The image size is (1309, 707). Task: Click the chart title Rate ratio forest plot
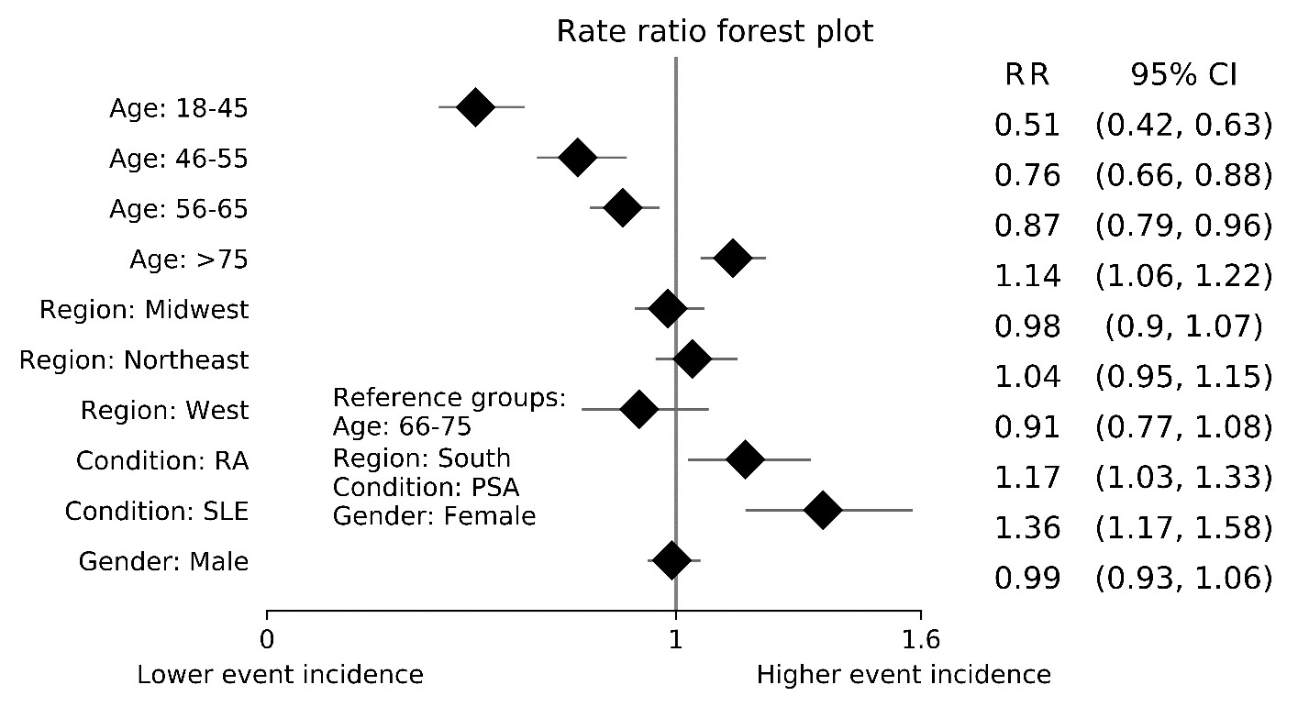[x=716, y=31]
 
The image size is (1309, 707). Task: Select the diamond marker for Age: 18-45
[x=475, y=107]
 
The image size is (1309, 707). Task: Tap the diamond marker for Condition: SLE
[x=822, y=510]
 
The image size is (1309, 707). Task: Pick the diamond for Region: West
[x=639, y=409]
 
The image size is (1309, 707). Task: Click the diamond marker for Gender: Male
[x=672, y=560]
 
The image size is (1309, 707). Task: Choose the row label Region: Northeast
[x=134, y=360]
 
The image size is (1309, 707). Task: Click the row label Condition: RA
[x=162, y=460]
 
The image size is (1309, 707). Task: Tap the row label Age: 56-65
[x=178, y=209]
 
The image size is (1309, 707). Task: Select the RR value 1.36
[x=1027, y=527]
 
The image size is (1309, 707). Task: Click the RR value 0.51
[x=1027, y=125]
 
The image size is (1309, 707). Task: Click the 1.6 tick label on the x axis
[x=920, y=638]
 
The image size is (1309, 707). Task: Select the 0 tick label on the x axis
[x=267, y=638]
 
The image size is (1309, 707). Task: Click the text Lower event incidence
[x=281, y=676]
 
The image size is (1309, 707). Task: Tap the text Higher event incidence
[x=904, y=676]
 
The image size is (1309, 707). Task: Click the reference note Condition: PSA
[x=426, y=486]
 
